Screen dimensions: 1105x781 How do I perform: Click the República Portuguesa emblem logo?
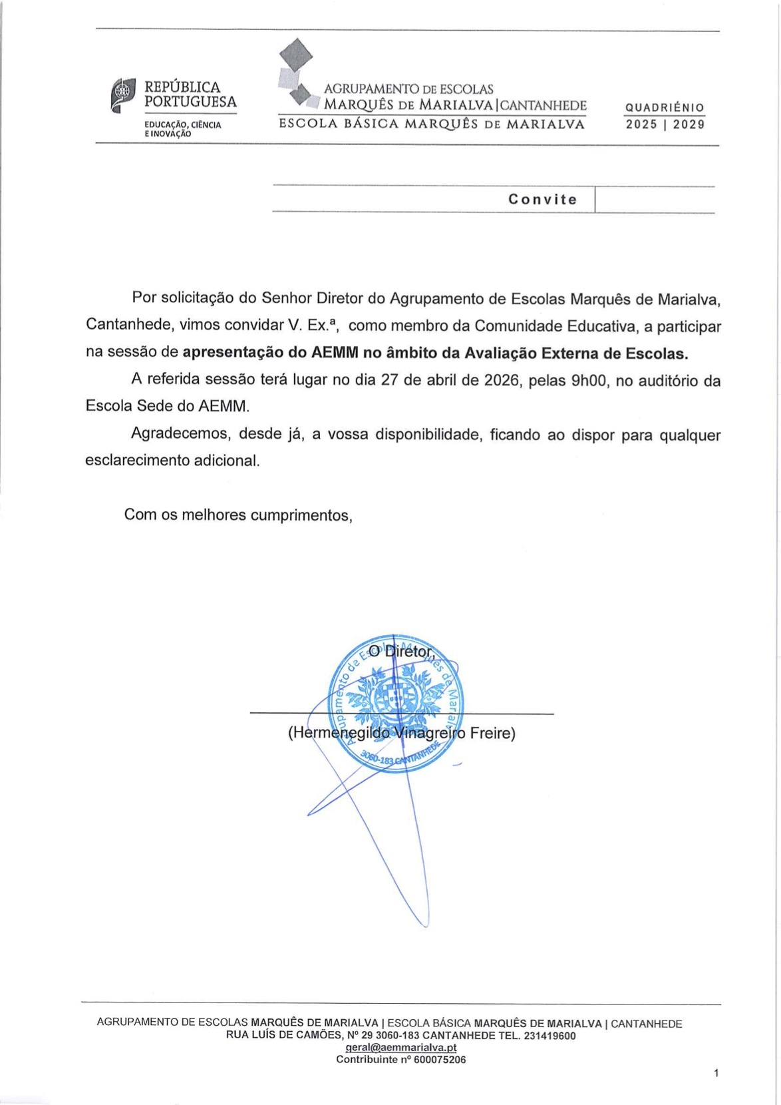pos(123,95)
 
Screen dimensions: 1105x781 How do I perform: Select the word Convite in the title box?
pos(542,200)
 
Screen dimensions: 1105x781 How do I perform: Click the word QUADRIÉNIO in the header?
pos(665,108)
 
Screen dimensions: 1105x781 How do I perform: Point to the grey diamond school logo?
pos(296,73)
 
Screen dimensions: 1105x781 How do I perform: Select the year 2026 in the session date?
pos(501,381)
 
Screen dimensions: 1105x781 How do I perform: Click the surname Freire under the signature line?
pos(492,734)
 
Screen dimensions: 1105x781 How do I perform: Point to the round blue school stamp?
pos(396,705)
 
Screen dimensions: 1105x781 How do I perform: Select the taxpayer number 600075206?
pos(440,1060)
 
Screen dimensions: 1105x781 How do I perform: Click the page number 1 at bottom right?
pos(716,1073)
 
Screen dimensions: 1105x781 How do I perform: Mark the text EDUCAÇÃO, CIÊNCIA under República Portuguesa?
pos(183,124)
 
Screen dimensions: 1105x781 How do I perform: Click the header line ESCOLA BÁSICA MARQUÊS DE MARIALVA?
pos(432,124)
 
